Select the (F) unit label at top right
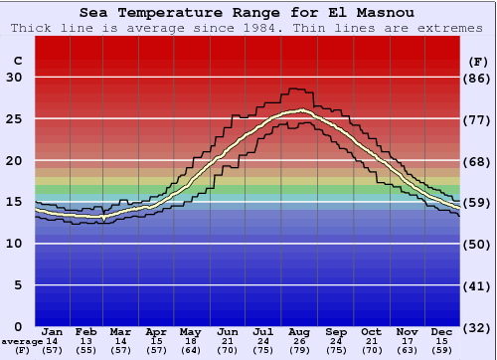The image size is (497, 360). (x=477, y=61)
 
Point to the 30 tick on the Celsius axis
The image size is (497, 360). (x=14, y=78)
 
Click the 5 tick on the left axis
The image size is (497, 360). (x=18, y=285)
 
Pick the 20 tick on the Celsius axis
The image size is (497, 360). (x=14, y=161)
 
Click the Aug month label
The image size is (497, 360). (x=298, y=331)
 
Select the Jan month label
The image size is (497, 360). (x=53, y=331)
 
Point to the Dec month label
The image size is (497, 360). (x=442, y=331)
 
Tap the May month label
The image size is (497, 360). (x=190, y=331)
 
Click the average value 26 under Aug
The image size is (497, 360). (x=298, y=341)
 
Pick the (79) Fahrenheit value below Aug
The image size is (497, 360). (x=298, y=351)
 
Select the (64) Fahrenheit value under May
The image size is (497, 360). (x=190, y=351)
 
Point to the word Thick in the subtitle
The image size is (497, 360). (x=31, y=28)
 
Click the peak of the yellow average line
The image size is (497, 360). (x=299, y=110)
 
